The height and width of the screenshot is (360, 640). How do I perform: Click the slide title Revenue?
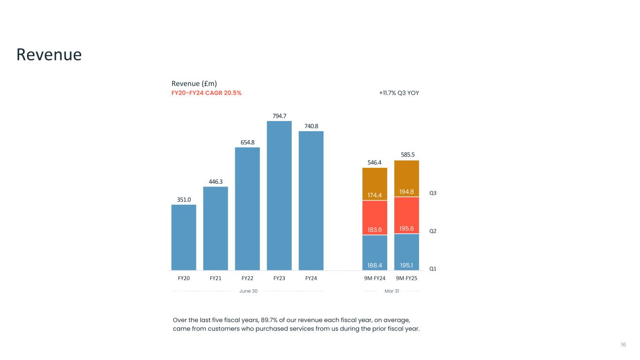click(49, 55)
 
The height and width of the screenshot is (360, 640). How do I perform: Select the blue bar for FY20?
click(184, 237)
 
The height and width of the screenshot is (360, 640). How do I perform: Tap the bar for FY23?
click(279, 195)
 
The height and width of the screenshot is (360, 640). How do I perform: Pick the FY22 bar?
click(248, 209)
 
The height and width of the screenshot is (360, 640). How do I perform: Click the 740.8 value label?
click(311, 126)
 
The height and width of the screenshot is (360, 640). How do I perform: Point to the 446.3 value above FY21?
click(216, 182)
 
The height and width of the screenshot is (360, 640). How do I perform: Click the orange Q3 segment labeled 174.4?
click(375, 184)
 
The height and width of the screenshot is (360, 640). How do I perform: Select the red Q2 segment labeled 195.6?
click(407, 215)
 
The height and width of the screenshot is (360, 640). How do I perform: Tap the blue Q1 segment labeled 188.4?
click(375, 253)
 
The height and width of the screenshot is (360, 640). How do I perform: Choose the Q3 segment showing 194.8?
click(407, 179)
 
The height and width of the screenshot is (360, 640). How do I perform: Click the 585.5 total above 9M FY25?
click(407, 154)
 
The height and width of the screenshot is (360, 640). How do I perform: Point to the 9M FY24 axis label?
click(375, 278)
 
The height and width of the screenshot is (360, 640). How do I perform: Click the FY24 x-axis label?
click(311, 278)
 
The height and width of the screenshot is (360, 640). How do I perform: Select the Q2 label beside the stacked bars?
click(433, 231)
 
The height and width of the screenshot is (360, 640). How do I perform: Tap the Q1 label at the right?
click(433, 269)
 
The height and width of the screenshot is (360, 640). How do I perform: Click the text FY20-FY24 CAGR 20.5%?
click(207, 93)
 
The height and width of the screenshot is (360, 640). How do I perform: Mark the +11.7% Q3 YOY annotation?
click(399, 93)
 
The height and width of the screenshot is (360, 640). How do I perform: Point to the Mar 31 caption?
click(392, 291)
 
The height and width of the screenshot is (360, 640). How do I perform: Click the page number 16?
click(623, 345)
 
